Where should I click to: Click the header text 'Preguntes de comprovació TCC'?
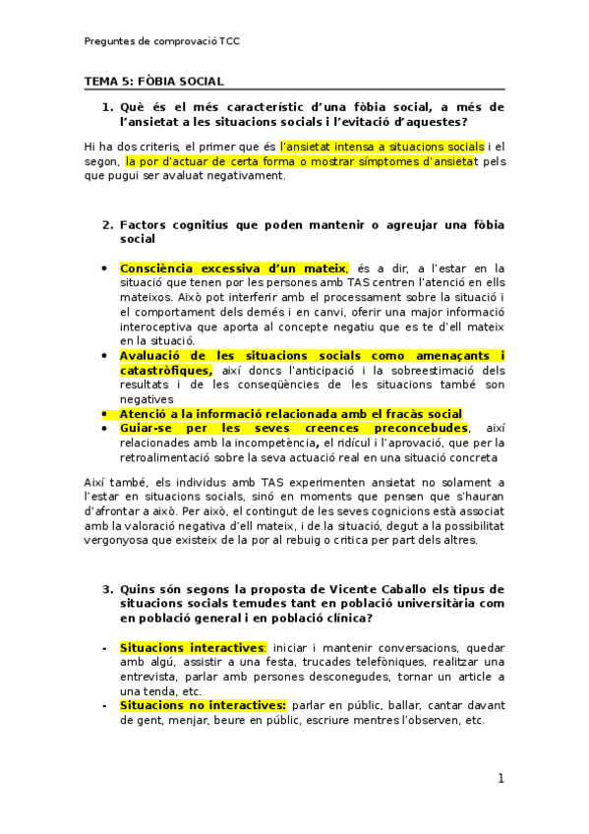[161, 41]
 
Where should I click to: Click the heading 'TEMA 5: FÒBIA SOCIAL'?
[153, 81]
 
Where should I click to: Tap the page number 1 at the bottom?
[501, 779]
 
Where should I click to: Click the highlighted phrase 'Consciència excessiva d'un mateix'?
[233, 268]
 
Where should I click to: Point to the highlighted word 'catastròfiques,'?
[165, 370]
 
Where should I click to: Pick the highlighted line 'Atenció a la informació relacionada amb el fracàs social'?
[290, 414]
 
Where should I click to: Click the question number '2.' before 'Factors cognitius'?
[107, 224]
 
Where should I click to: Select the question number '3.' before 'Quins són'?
[107, 588]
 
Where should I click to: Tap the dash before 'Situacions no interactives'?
[105, 705]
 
